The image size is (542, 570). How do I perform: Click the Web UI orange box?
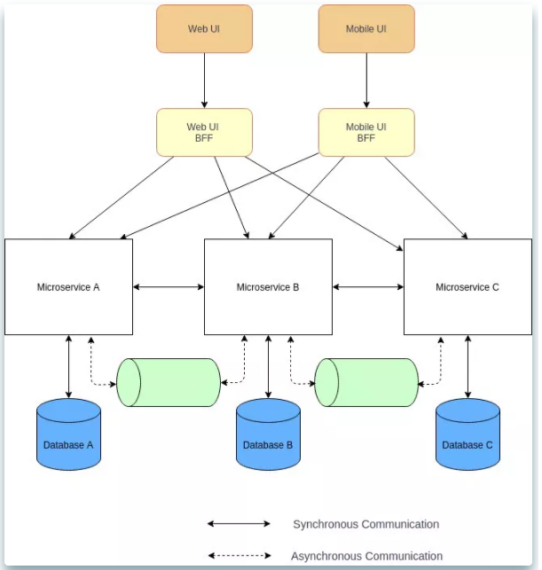point(204,28)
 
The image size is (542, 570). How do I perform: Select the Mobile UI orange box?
point(366,28)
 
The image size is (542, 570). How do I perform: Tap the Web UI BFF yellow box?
point(204,132)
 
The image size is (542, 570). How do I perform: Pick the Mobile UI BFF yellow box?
point(366,132)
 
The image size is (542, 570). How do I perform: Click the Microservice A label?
point(68,287)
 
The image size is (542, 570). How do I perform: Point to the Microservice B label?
point(268,287)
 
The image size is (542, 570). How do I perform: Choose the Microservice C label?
point(467,287)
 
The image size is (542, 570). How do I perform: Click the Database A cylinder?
point(69,434)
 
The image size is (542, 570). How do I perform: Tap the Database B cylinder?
point(269,434)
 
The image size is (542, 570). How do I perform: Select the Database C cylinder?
point(467,434)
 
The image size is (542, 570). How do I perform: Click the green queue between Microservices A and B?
point(169,382)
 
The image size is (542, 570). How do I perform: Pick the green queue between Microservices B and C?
point(366,382)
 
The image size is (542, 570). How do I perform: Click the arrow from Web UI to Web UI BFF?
point(204,81)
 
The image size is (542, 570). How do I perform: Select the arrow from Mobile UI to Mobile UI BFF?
point(366,81)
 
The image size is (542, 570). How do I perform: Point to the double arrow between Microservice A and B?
point(169,287)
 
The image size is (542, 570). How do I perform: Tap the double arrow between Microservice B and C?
point(368,287)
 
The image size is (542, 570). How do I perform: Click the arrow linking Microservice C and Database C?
point(467,367)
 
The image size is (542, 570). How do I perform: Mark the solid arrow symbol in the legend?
point(239,524)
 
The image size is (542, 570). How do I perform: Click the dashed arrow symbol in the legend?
point(240,556)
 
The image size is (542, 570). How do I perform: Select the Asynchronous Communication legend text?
point(366,556)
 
